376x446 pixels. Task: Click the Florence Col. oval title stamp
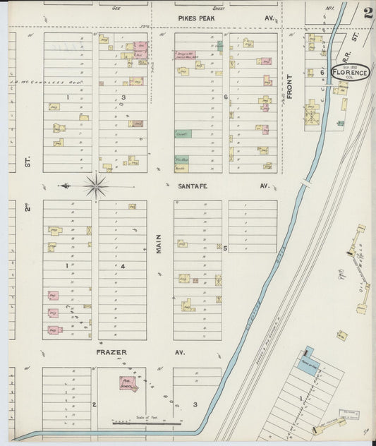point(351,73)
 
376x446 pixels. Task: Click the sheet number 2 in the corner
point(368,11)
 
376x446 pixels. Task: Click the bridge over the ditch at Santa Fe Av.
point(305,183)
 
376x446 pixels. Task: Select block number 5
point(225,248)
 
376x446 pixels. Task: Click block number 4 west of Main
point(122,266)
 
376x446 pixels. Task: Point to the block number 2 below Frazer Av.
point(94,404)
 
